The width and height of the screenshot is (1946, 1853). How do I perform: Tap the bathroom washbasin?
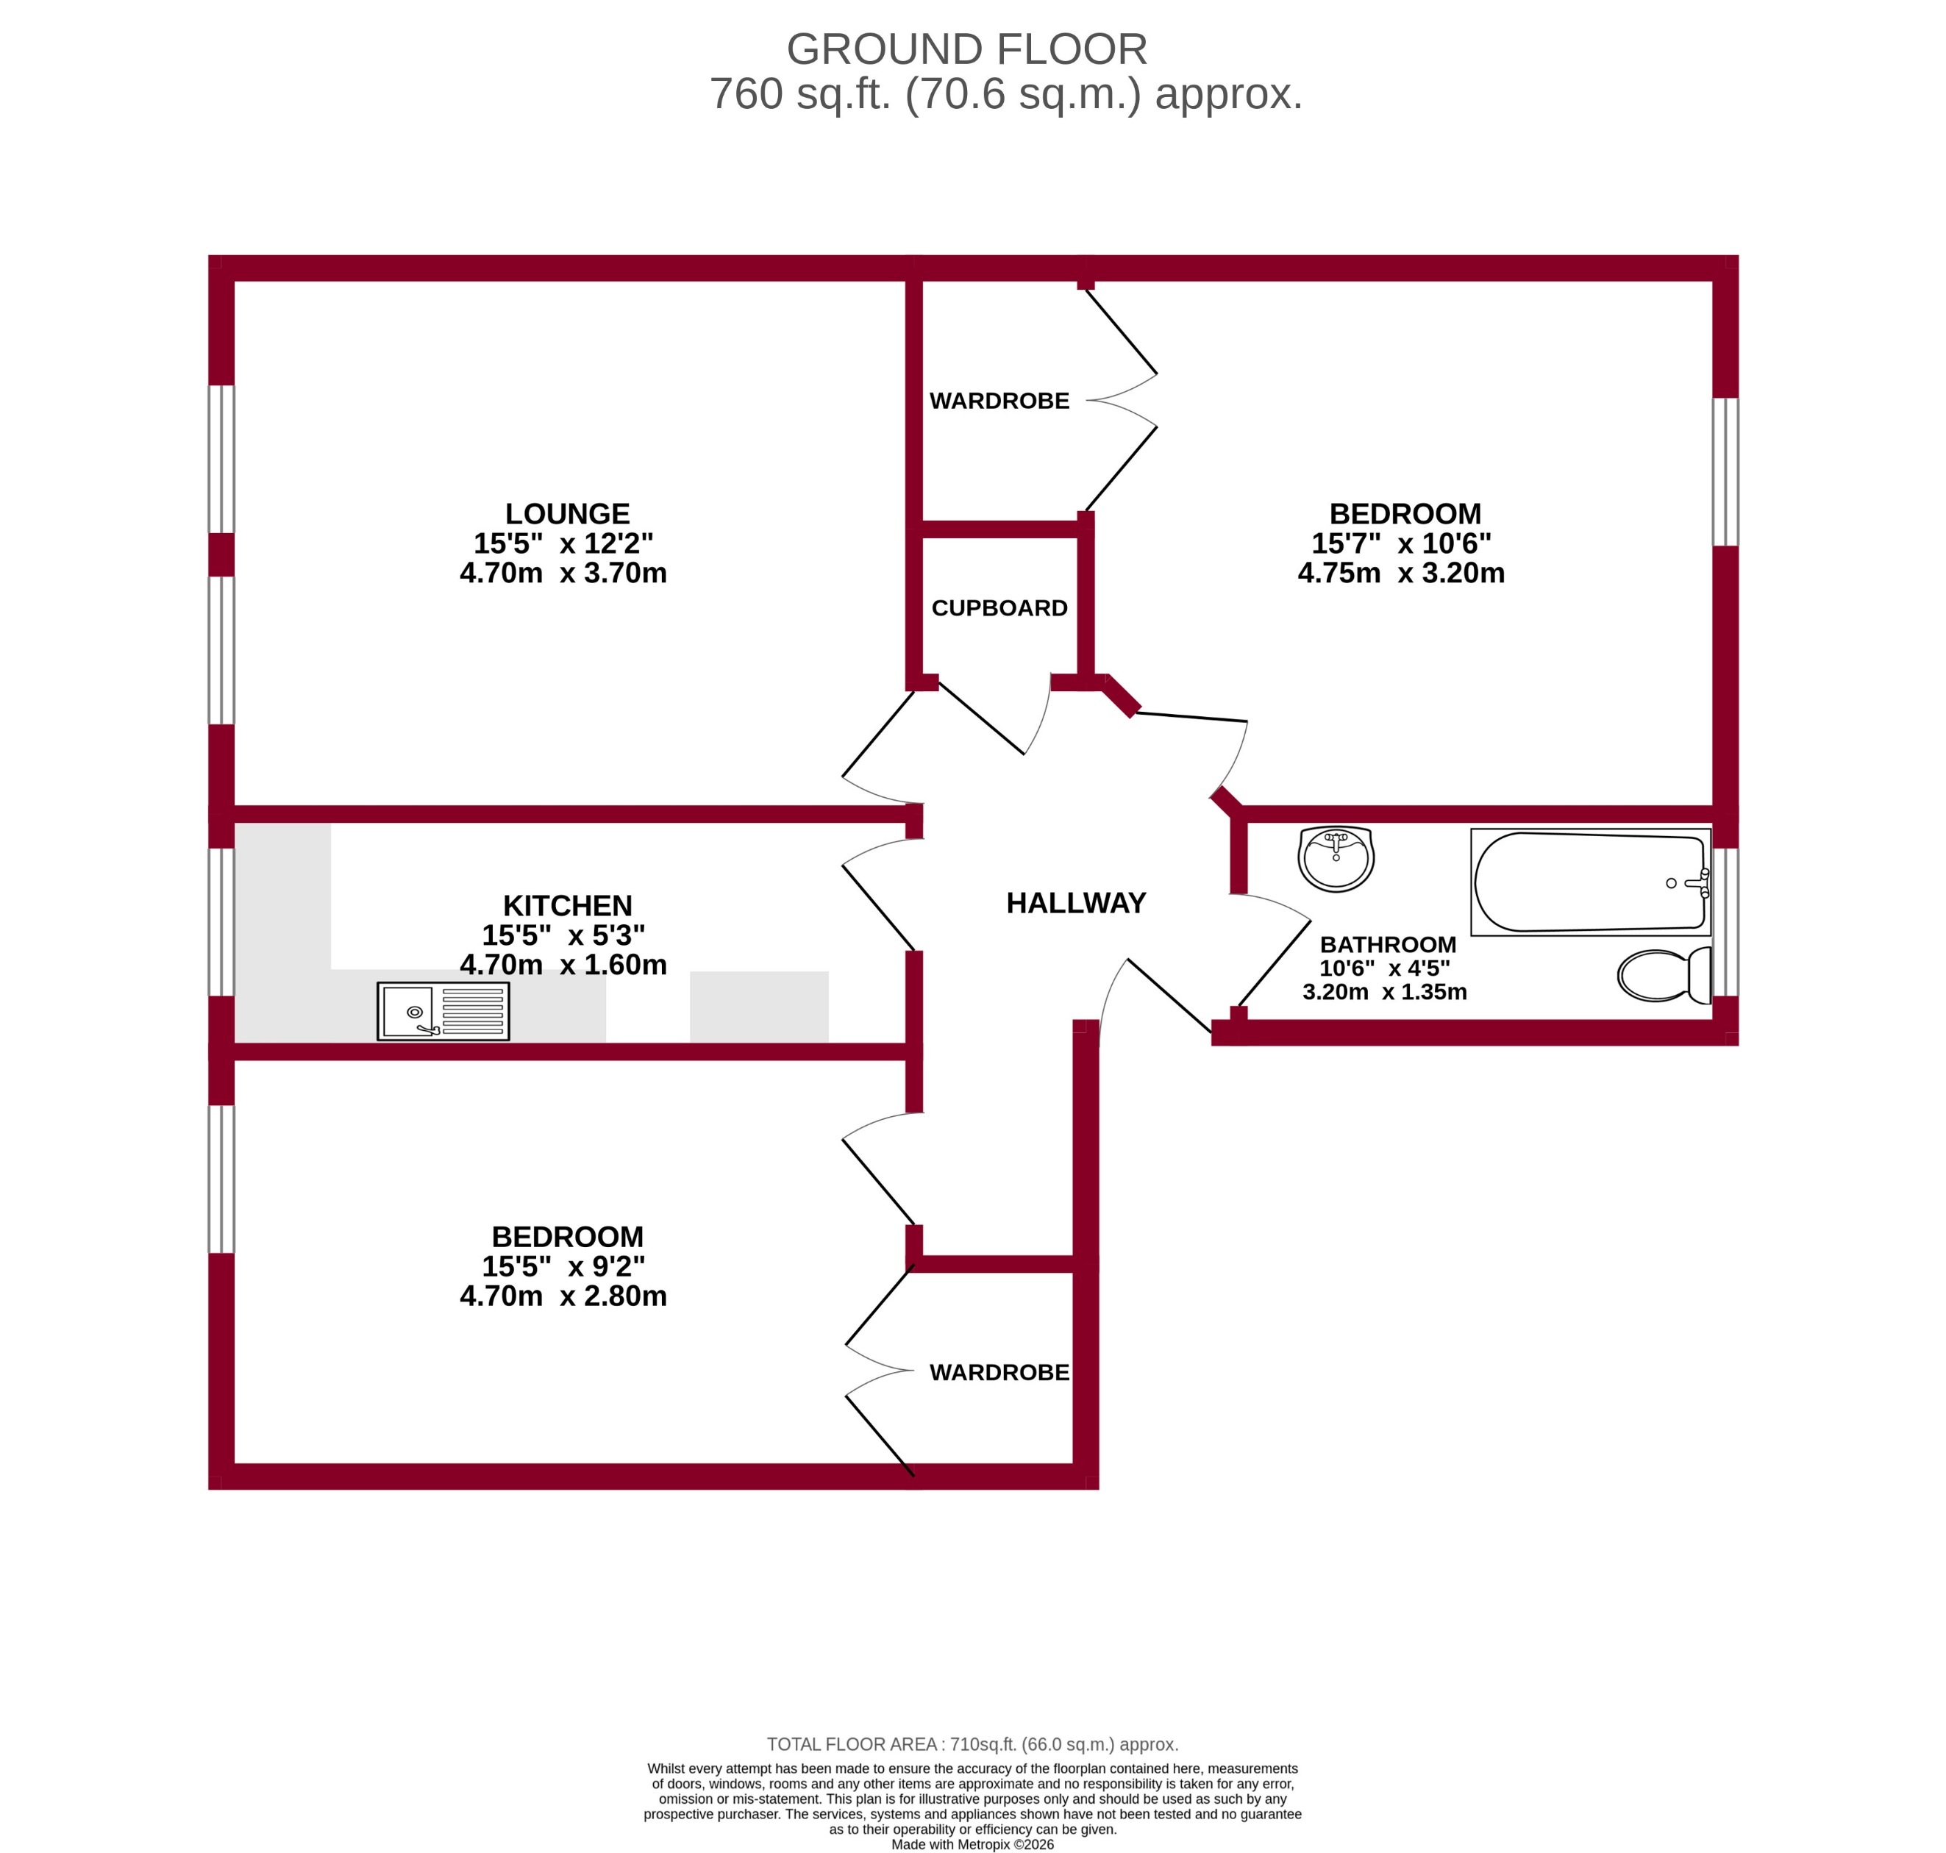(1336, 857)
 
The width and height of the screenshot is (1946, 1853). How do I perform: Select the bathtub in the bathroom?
(1589, 882)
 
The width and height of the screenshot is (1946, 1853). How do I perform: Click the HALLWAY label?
(1076, 903)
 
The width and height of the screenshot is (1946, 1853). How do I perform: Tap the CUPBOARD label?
(999, 608)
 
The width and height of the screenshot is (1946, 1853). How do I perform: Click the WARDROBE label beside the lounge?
(999, 401)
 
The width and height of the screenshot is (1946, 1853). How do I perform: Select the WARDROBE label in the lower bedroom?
(999, 1372)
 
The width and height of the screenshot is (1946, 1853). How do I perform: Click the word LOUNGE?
(567, 514)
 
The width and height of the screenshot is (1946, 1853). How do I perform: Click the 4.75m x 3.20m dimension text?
(1401, 573)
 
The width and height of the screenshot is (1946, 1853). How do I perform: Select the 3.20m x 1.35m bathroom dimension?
(1384, 992)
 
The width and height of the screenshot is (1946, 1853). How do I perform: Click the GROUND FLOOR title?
(966, 49)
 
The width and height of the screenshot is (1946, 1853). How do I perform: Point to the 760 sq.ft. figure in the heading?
(800, 94)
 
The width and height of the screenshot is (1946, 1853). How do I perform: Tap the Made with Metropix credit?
(972, 1844)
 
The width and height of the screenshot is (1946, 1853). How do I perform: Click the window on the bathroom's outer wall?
(1725, 921)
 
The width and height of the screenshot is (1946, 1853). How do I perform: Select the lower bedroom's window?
(221, 1179)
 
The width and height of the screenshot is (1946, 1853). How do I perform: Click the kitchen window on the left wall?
(221, 921)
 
